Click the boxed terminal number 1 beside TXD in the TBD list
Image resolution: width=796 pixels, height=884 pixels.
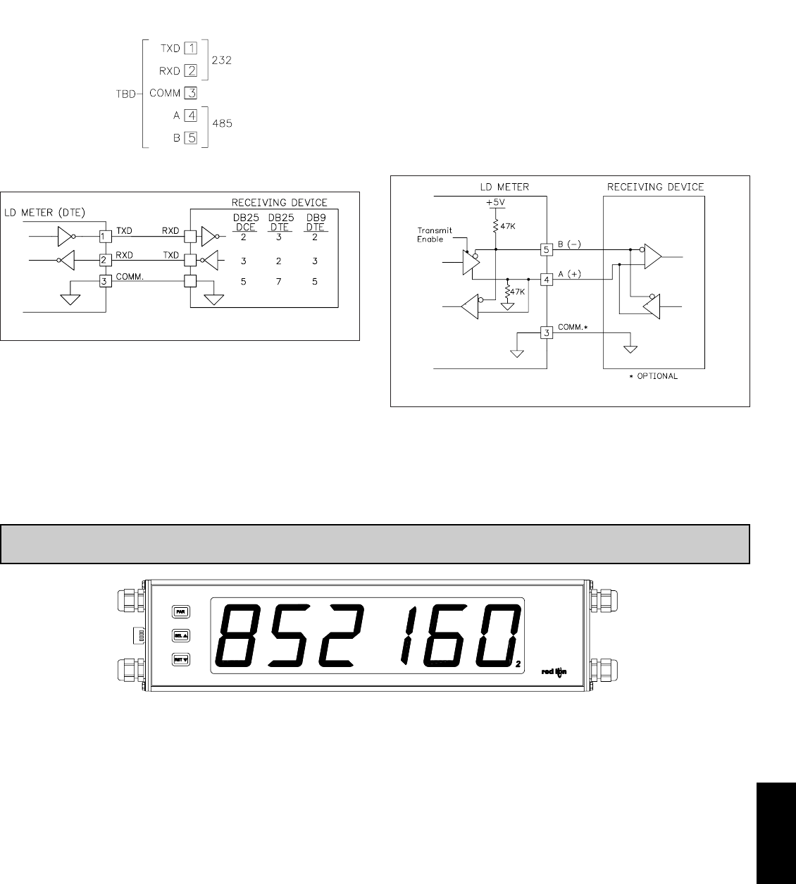pyautogui.click(x=190, y=49)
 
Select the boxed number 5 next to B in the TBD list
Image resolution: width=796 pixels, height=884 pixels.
pyautogui.click(x=190, y=138)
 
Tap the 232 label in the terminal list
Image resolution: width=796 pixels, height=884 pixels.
pyautogui.click(x=222, y=61)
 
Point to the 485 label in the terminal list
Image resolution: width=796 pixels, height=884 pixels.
pyautogui.click(x=222, y=123)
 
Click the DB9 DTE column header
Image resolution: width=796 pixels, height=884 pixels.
pyautogui.click(x=314, y=223)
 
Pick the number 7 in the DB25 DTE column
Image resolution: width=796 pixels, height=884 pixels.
pyautogui.click(x=279, y=282)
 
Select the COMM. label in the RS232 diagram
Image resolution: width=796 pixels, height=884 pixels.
pyautogui.click(x=129, y=276)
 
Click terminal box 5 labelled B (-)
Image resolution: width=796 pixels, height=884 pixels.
pyautogui.click(x=546, y=249)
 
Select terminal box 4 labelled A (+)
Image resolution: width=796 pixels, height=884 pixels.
pyautogui.click(x=546, y=280)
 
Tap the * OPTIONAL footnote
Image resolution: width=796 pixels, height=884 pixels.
pyautogui.click(x=654, y=376)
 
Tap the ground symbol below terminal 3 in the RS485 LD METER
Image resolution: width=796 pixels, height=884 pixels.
pyautogui.click(x=516, y=352)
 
